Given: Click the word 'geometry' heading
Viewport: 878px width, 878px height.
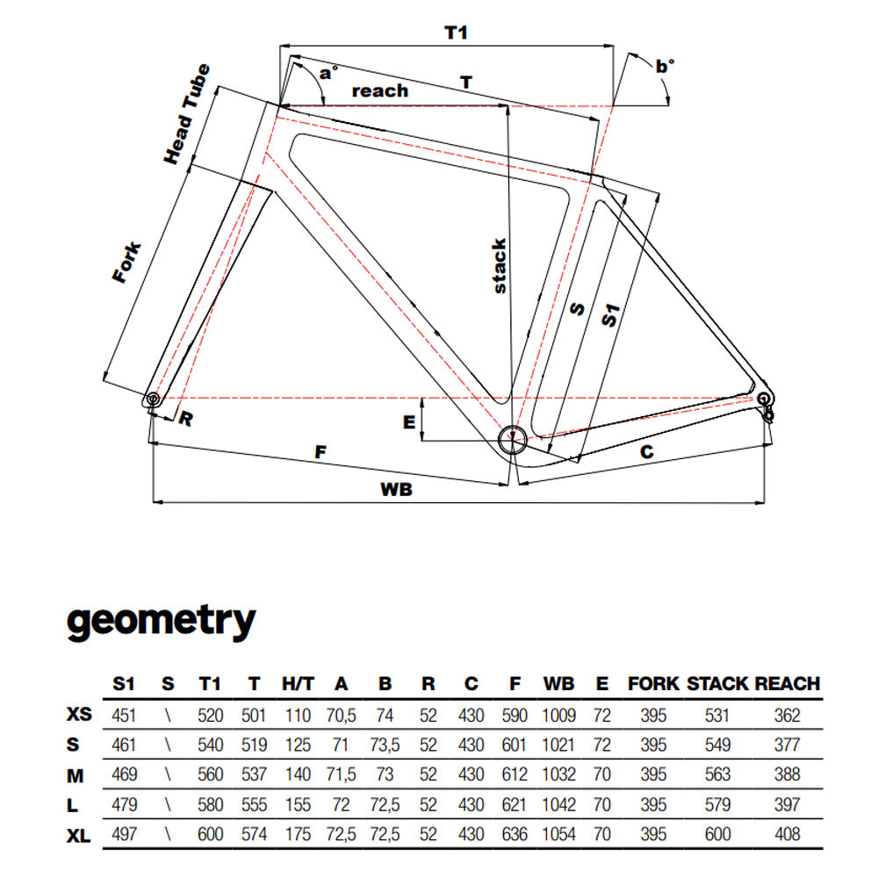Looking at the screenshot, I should tap(161, 621).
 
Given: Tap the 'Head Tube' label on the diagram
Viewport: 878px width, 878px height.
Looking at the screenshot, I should tap(187, 113).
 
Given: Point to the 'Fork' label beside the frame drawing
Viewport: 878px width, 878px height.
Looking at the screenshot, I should tap(126, 261).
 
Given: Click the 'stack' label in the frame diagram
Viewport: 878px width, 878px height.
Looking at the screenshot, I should tap(499, 265).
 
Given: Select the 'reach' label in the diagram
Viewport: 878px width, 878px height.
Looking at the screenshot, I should tap(379, 90).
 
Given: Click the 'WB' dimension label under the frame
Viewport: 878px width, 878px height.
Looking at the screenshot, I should tap(397, 490).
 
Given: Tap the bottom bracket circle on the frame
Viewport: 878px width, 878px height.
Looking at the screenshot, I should tap(512, 438).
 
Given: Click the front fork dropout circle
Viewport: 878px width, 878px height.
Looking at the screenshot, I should tap(153, 399).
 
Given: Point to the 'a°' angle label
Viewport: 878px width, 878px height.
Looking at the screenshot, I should tap(327, 73).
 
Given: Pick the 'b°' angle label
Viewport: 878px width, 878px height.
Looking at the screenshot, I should tap(665, 65).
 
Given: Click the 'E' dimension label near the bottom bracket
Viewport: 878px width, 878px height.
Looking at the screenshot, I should tap(408, 422).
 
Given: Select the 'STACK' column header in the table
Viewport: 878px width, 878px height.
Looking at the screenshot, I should tap(716, 683).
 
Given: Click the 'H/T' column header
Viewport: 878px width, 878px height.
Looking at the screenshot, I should tap(297, 683).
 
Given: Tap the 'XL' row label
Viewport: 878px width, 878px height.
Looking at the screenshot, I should tap(79, 833).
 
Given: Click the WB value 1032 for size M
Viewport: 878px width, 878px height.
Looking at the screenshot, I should tap(558, 774).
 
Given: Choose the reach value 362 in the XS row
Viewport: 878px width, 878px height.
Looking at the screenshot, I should tap(788, 715).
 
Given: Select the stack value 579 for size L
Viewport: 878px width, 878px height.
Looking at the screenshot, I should tap(716, 803).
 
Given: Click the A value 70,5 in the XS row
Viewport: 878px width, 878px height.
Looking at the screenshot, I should tap(341, 715).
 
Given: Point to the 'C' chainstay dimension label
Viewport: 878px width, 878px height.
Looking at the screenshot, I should tap(645, 452).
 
